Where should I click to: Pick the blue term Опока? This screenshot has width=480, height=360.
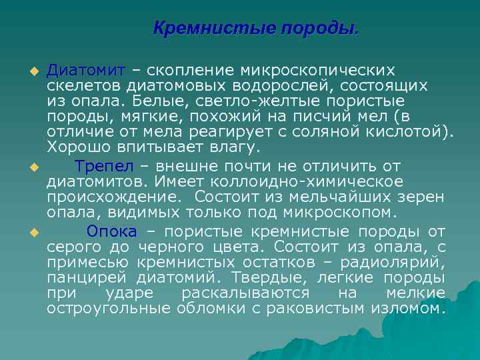click(111, 231)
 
